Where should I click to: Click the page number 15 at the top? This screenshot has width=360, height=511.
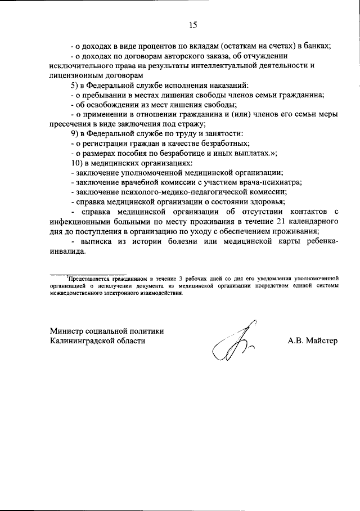tap(193, 24)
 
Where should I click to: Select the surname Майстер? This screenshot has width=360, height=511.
tap(321, 341)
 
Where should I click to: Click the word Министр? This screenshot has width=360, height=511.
tap(67, 331)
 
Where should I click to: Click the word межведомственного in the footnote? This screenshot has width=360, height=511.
tap(80, 293)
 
